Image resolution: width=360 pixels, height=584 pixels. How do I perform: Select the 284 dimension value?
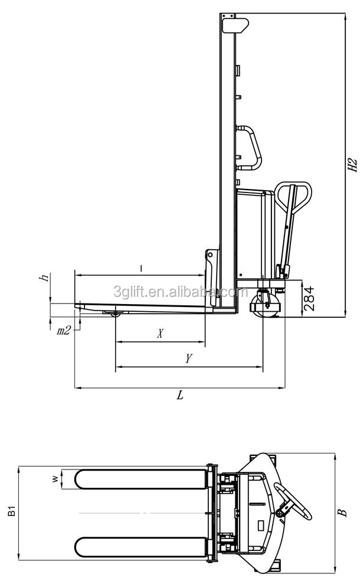[309, 299]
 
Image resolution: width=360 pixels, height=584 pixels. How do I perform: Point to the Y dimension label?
[188, 358]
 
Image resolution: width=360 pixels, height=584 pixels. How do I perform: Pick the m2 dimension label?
[64, 331]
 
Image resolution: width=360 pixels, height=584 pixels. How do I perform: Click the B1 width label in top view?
[10, 511]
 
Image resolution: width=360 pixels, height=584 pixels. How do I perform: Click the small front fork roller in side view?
[116, 317]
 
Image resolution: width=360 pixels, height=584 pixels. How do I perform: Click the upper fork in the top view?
[142, 479]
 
